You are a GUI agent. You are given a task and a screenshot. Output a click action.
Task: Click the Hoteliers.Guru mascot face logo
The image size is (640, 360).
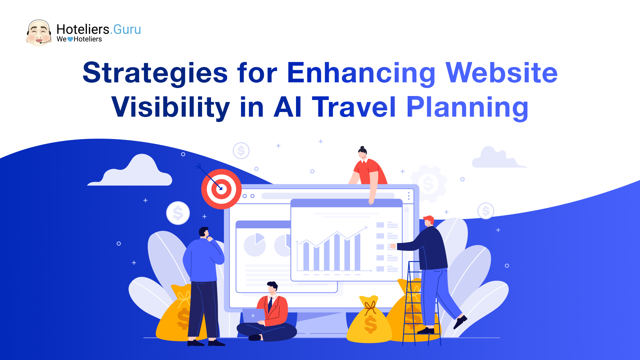[x=39, y=33]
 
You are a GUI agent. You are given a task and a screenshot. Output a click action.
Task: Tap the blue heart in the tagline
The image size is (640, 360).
[x=70, y=39]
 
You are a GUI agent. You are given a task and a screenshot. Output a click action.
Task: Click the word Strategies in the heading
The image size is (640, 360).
[x=155, y=73]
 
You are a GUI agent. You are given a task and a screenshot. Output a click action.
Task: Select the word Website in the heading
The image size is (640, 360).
[x=501, y=73]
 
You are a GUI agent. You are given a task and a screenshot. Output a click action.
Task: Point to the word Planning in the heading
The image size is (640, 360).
[x=467, y=107]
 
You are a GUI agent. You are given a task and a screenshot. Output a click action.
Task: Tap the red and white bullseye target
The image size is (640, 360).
[x=221, y=189]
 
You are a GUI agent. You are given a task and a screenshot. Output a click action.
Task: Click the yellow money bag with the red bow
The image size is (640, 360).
[x=369, y=320]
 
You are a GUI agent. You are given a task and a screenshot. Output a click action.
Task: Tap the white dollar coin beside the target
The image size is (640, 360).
[x=178, y=213]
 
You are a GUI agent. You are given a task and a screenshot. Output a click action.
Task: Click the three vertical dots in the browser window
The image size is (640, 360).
[x=409, y=196]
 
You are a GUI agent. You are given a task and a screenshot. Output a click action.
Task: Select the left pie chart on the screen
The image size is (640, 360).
[x=255, y=245]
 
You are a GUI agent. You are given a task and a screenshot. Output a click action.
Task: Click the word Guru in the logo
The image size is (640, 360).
[x=127, y=29]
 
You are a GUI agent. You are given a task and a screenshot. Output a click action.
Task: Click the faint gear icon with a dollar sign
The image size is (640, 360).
[x=429, y=183]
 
